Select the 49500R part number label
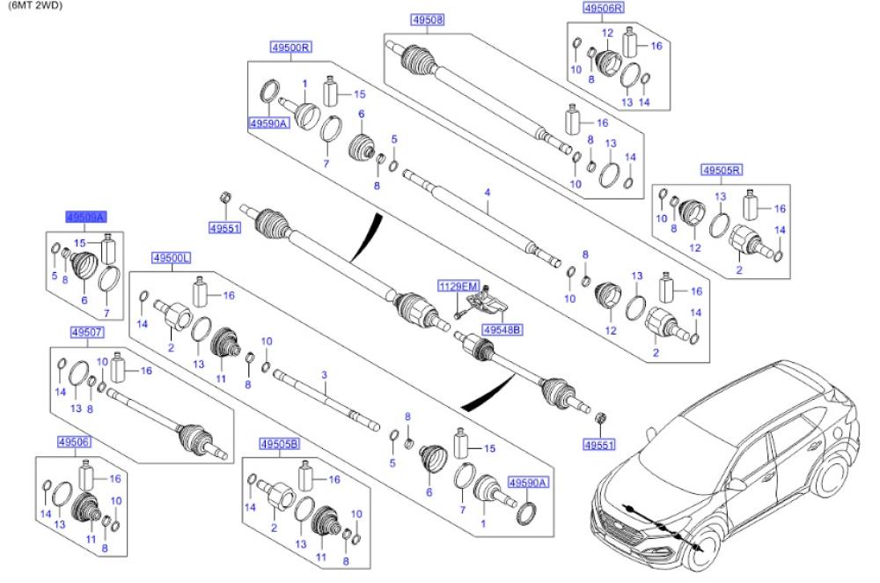click(x=290, y=48)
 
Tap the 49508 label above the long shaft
click(x=427, y=19)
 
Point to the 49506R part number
click(x=603, y=8)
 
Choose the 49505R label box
click(x=722, y=169)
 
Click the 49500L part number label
click(x=172, y=257)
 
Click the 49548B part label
click(x=502, y=329)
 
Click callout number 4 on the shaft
click(x=486, y=191)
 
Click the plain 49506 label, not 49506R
click(x=74, y=441)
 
